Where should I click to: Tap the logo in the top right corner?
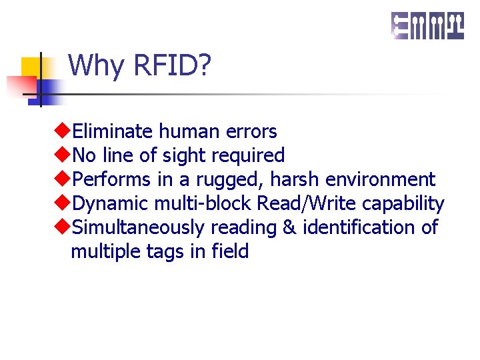pyautogui.click(x=427, y=26)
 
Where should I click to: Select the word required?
pyautogui.click(x=247, y=156)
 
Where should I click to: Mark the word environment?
pyautogui.click(x=380, y=180)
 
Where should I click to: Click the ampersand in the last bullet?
pyautogui.click(x=289, y=228)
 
